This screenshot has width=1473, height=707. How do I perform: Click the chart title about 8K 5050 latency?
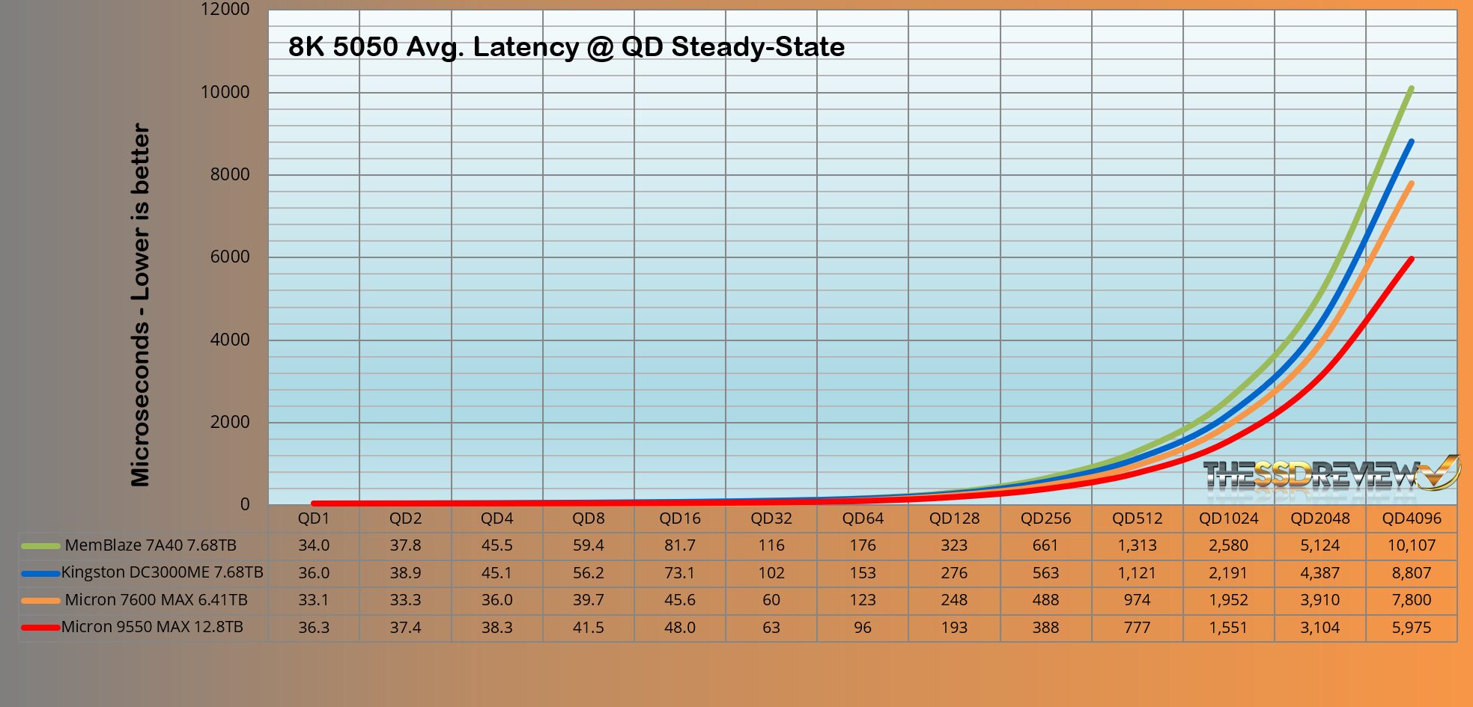(x=566, y=47)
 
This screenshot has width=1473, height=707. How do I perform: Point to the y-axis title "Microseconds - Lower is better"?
(x=141, y=305)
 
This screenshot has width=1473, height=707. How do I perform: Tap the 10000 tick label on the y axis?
(x=225, y=92)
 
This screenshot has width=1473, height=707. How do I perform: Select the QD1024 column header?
(x=1228, y=518)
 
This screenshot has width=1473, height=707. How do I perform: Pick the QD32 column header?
(x=771, y=518)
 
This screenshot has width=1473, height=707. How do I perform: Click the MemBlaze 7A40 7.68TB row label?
(x=151, y=545)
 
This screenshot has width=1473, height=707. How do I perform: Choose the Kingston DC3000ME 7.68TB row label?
(x=162, y=572)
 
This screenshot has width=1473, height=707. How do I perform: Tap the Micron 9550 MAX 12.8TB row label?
(x=152, y=627)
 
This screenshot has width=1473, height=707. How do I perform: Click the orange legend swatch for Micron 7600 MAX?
(x=40, y=600)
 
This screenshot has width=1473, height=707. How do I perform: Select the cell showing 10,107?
(x=1411, y=545)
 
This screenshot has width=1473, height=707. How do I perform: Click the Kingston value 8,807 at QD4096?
(x=1411, y=573)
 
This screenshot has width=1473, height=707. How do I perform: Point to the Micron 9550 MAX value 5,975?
(x=1411, y=628)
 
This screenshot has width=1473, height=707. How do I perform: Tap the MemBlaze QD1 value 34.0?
(x=314, y=545)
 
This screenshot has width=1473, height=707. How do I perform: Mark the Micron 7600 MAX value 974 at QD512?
(x=1137, y=600)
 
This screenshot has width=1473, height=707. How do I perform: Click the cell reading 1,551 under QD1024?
(x=1228, y=628)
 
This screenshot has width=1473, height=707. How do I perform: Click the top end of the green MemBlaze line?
(x=1411, y=89)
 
